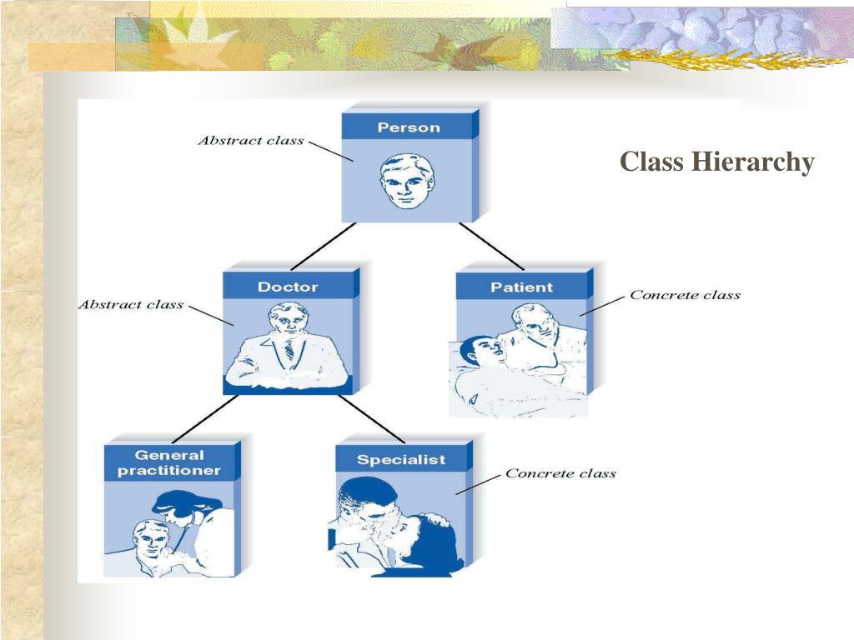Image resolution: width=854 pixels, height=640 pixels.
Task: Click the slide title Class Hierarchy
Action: (x=716, y=162)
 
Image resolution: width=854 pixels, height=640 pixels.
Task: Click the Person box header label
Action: (x=408, y=127)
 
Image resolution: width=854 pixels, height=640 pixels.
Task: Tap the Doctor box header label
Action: (x=288, y=287)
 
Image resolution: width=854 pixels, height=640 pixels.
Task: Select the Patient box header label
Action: (x=521, y=287)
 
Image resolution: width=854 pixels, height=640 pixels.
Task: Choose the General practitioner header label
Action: (x=168, y=462)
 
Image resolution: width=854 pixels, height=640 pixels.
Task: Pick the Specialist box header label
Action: (x=401, y=460)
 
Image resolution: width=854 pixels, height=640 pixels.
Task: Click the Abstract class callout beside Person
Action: (x=251, y=140)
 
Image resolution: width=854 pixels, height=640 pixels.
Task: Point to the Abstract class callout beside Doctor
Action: (x=131, y=304)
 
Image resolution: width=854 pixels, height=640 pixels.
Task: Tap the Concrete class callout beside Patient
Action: (x=685, y=295)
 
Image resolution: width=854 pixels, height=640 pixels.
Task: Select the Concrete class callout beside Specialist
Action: (x=560, y=473)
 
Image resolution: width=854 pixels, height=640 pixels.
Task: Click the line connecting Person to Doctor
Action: (x=323, y=245)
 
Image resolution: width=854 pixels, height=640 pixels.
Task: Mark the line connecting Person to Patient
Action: (x=490, y=246)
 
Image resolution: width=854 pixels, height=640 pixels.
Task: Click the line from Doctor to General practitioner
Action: (x=203, y=418)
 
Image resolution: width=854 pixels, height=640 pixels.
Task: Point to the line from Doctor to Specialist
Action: (x=371, y=418)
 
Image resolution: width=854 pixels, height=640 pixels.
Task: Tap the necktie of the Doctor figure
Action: (x=289, y=350)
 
